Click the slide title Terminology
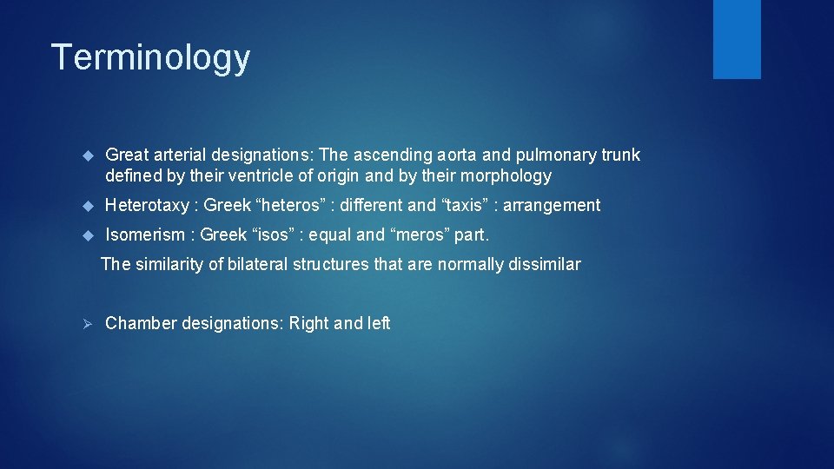point(150,58)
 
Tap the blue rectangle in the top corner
point(737,39)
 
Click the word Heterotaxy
point(147,206)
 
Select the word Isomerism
point(145,234)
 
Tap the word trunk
point(621,155)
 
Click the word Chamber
point(136,323)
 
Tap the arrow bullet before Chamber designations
point(86,323)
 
